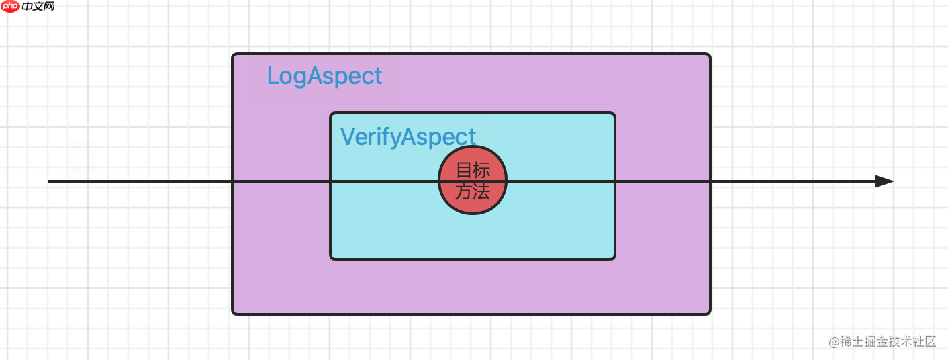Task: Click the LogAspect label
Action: (x=324, y=76)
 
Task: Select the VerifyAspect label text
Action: (x=408, y=136)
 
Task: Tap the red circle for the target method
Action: (x=473, y=180)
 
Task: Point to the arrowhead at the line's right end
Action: (x=885, y=181)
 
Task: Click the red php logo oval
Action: (x=10, y=7)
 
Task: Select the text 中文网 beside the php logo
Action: (x=38, y=7)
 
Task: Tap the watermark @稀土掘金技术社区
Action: (x=882, y=341)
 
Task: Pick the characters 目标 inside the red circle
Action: (x=473, y=170)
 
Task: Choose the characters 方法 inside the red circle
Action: (x=473, y=192)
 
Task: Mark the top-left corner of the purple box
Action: (x=233, y=54)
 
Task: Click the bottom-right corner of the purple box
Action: (x=710, y=313)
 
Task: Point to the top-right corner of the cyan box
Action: (x=614, y=114)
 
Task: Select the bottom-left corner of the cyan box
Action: (x=331, y=258)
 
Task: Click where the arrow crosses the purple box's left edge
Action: (x=233, y=181)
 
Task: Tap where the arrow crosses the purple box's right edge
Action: (x=710, y=181)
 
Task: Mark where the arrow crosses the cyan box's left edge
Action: (x=330, y=181)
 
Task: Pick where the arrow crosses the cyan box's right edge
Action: (x=615, y=181)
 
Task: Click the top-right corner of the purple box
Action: (x=710, y=54)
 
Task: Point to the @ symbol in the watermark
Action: (x=834, y=342)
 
